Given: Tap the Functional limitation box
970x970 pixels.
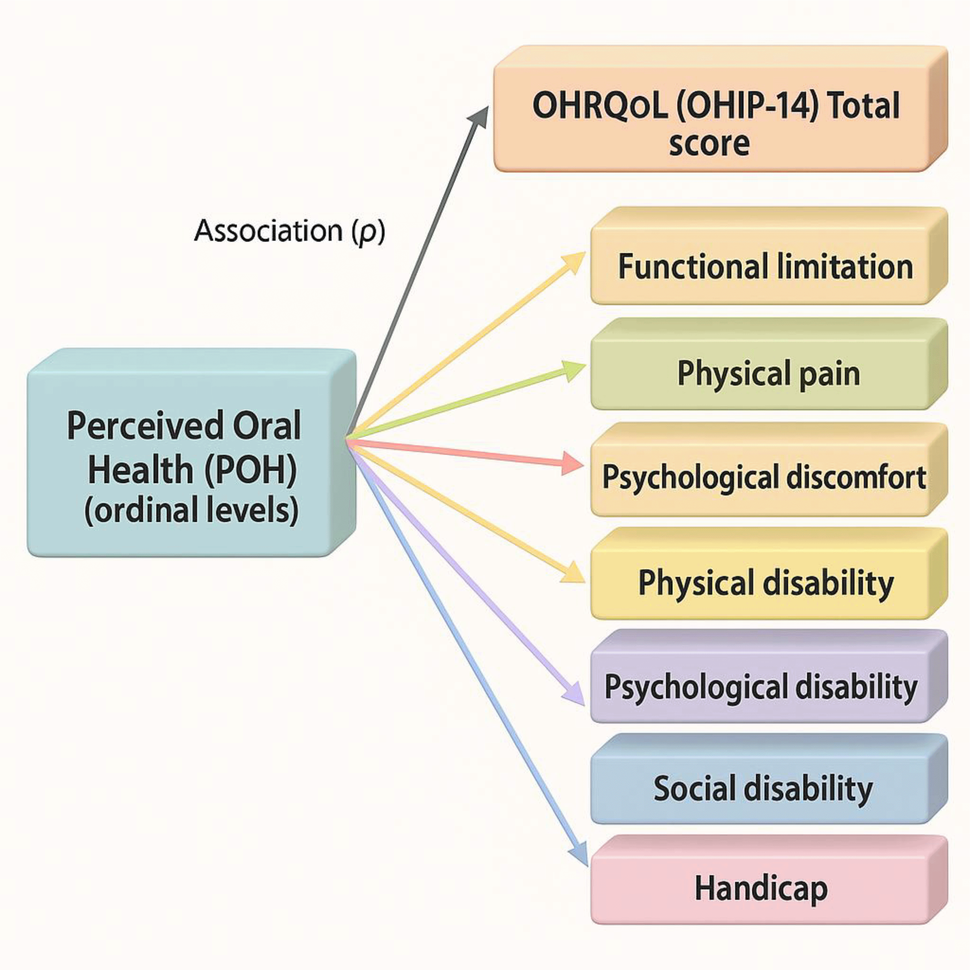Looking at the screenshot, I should click(763, 266).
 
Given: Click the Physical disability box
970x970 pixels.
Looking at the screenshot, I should click(763, 582).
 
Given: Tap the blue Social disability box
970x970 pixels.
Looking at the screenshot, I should click(763, 788).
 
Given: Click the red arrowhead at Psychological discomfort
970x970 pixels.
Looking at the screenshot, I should click(572, 463).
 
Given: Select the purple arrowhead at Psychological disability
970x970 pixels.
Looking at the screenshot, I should click(575, 695).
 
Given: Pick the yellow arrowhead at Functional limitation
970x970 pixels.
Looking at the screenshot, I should click(575, 261).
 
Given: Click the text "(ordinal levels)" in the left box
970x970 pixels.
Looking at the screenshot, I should click(191, 510).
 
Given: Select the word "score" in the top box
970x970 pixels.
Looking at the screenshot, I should click(709, 143).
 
